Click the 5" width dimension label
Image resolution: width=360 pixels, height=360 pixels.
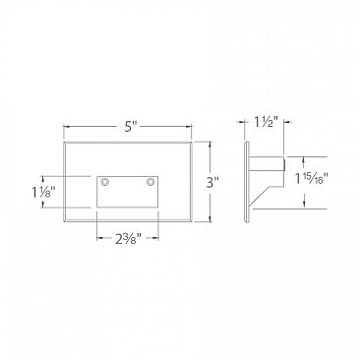pyautogui.click(x=129, y=127)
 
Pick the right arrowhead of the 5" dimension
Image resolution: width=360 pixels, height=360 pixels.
pyautogui.click(x=193, y=127)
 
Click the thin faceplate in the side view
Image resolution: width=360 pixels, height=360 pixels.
pyautogui.click(x=245, y=182)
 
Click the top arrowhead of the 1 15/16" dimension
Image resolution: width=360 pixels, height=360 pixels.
pyautogui.click(x=304, y=156)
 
